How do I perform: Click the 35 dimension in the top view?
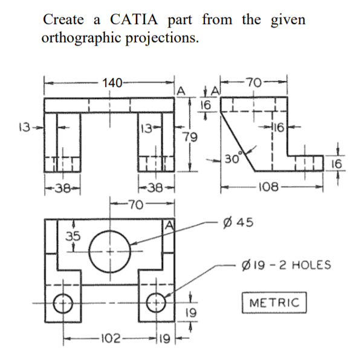(x=73, y=235)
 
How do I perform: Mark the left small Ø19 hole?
(x=62, y=302)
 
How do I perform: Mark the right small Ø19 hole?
(x=157, y=302)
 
